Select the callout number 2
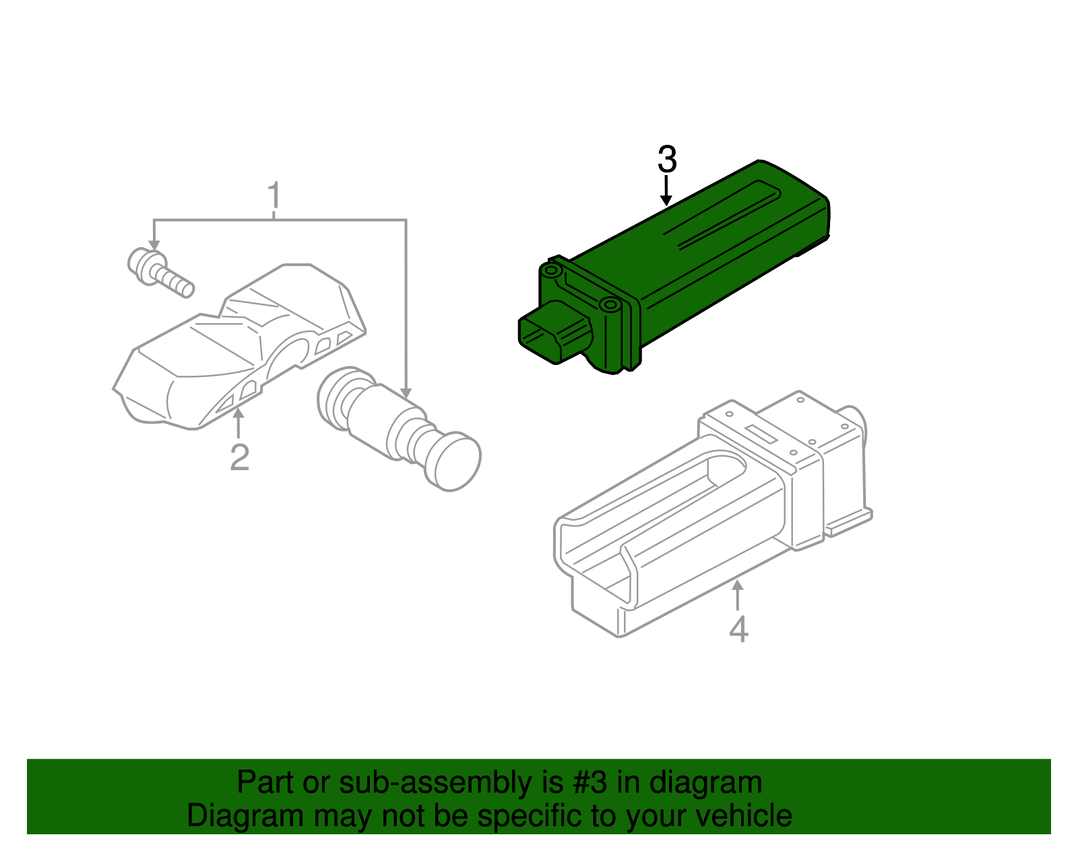click(x=239, y=457)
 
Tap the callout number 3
click(x=666, y=160)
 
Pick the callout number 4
click(x=738, y=629)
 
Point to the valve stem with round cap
click(x=398, y=428)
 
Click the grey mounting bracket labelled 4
click(x=707, y=512)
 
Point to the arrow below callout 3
click(x=666, y=191)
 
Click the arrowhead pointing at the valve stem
click(x=406, y=391)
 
